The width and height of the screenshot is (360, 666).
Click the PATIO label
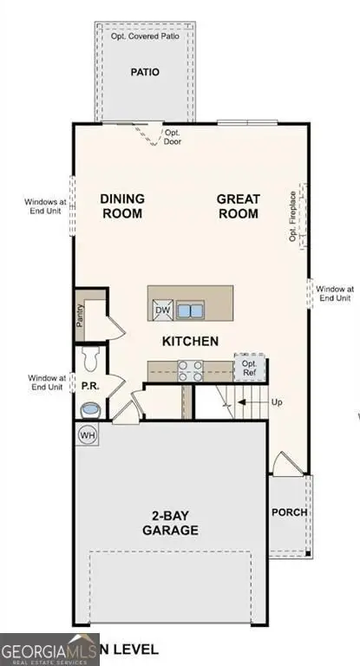pyautogui.click(x=144, y=72)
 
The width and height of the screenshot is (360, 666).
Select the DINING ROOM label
pyautogui.click(x=122, y=206)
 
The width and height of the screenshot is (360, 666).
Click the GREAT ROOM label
pyautogui.click(x=238, y=206)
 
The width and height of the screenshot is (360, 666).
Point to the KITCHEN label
pyautogui.click(x=190, y=341)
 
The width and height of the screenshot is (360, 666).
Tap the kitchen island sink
pyautogui.click(x=190, y=310)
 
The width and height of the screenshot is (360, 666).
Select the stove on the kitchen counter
pyautogui.click(x=190, y=370)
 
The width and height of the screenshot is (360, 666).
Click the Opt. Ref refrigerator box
pyautogui.click(x=249, y=367)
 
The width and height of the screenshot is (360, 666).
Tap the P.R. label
pyautogui.click(x=88, y=382)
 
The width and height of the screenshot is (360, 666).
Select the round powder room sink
pyautogui.click(x=89, y=408)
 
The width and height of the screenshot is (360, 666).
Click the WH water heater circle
pyautogui.click(x=87, y=434)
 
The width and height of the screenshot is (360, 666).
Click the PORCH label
pyautogui.click(x=289, y=512)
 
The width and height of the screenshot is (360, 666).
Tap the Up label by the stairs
pyautogui.click(x=278, y=403)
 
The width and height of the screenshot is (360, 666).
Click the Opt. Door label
pyautogui.click(x=173, y=137)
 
